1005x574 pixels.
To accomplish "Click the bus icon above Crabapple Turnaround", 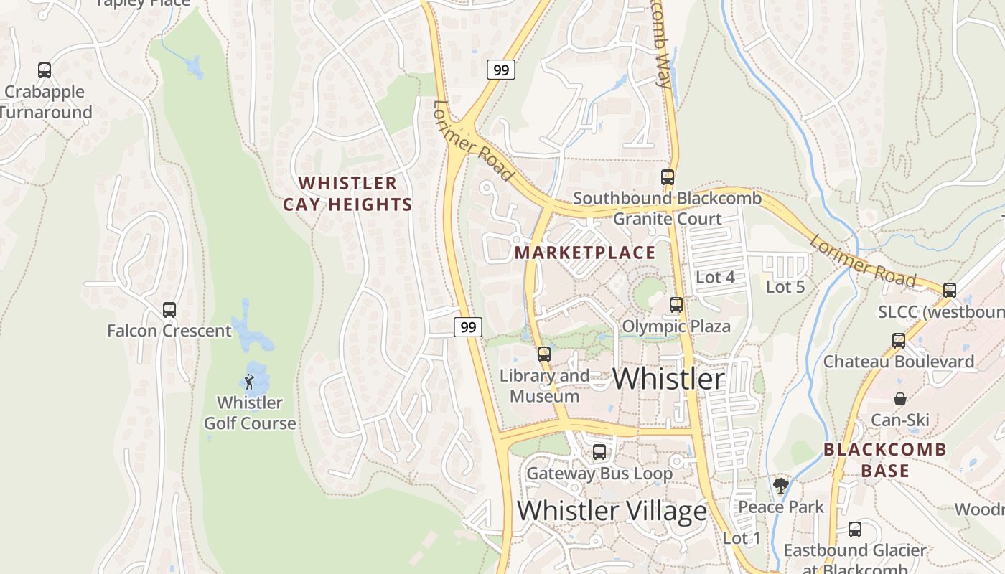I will [45, 70].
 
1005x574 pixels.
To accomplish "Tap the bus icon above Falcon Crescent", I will [169, 310].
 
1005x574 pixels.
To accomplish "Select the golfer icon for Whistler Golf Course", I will [249, 382].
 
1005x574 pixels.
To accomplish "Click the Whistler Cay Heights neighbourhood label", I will [348, 194].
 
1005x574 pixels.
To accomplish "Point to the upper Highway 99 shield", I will [501, 70].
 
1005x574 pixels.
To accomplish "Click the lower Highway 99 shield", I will [468, 327].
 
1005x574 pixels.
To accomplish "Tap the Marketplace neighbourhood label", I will [585, 253].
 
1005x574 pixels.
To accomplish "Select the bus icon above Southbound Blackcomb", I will [668, 177].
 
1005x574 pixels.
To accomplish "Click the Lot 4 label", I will [716, 277].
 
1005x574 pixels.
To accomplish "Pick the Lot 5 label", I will [785, 287].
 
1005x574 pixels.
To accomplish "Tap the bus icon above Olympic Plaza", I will [676, 305].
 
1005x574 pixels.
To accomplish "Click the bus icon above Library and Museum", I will [544, 354].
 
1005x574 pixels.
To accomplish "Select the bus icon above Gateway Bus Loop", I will [599, 452].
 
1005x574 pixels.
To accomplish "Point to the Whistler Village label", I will [612, 511].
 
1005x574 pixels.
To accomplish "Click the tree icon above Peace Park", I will [781, 486].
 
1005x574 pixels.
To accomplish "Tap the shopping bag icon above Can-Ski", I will [900, 399].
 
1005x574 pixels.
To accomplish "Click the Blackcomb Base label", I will [885, 460].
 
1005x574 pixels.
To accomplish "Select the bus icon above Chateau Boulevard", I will [899, 340].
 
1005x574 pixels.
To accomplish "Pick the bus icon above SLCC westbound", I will [950, 291].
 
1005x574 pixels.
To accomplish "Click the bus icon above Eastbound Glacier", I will [855, 530].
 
